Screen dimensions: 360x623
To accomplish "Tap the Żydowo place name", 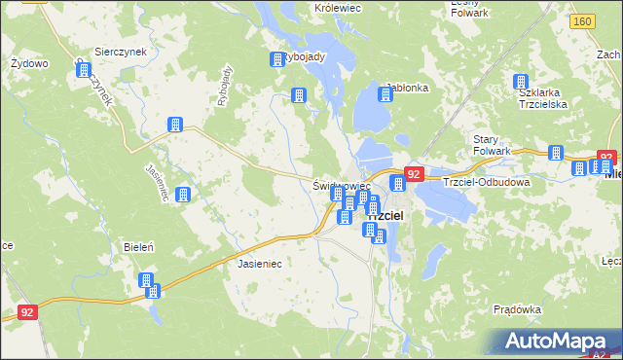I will (28, 63).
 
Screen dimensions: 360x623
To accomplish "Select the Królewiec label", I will (338, 7).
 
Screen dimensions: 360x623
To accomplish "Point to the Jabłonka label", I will (408, 88).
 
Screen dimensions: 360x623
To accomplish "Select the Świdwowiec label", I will (342, 184).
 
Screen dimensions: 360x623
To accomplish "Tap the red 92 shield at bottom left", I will (29, 313).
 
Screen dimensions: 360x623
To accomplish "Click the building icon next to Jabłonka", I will (385, 94).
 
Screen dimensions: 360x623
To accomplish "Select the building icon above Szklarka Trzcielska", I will (521, 83).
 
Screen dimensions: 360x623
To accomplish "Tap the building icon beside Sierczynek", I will (84, 70).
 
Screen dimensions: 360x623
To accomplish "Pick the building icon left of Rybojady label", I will (275, 59).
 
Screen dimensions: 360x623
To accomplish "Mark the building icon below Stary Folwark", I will (556, 153).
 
